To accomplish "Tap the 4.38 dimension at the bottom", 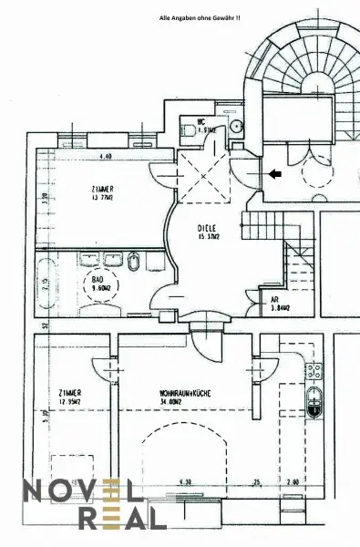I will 185,481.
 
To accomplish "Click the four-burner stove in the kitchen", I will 314,370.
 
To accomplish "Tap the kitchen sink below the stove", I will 315,401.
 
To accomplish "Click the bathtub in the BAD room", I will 48,283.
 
